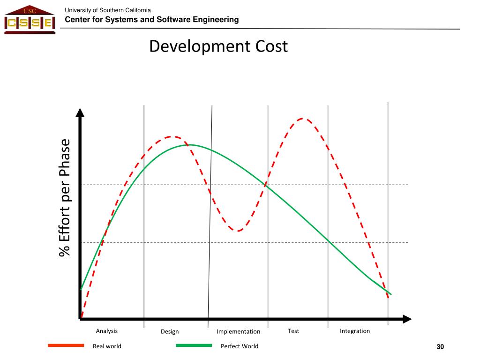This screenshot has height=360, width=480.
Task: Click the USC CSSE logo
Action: (29, 20)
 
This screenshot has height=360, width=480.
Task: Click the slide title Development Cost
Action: (218, 46)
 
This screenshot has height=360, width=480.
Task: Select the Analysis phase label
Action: (107, 331)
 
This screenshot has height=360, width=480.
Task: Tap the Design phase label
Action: (170, 331)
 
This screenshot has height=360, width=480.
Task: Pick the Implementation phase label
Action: (238, 331)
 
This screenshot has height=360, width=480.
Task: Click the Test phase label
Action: (293, 331)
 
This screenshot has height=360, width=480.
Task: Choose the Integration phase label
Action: (355, 331)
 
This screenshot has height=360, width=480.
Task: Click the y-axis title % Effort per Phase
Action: (64, 197)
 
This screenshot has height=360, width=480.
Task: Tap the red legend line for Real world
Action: (66, 345)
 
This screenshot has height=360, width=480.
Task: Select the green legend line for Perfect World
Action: (194, 345)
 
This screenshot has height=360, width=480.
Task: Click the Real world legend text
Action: (107, 346)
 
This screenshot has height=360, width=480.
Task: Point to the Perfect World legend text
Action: (240, 346)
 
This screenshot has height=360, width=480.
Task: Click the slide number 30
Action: (440, 347)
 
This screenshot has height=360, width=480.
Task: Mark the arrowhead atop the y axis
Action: (80, 112)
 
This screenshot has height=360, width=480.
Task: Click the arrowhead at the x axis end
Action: (407, 319)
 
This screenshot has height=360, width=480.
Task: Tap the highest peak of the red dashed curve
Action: (302, 119)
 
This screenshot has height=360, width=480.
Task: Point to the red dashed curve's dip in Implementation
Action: (238, 231)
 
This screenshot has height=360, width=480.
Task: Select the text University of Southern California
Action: (107, 10)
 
